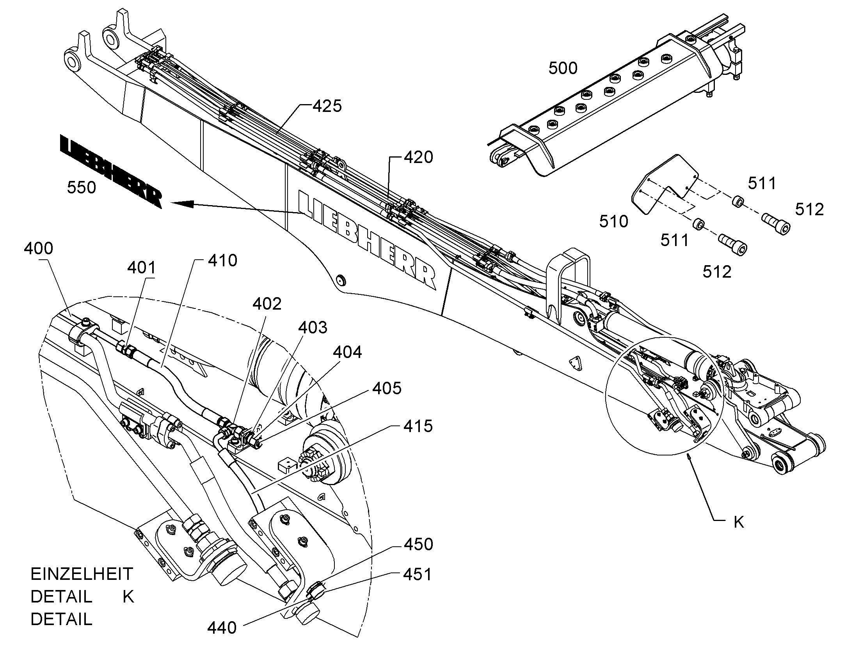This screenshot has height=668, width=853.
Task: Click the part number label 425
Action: [327, 106]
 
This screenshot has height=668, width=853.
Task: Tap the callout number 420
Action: [418, 157]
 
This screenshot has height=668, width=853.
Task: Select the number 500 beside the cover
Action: [563, 69]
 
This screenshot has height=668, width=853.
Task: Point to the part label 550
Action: [82, 188]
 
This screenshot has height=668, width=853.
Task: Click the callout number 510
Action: [613, 222]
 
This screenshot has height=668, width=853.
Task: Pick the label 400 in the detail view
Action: [39, 248]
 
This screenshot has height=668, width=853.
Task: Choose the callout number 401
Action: [142, 268]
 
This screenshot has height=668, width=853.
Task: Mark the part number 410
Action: [222, 260]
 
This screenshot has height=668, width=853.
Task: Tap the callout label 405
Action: [387, 388]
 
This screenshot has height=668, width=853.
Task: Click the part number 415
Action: [418, 426]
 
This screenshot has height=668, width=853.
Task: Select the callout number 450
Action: [418, 544]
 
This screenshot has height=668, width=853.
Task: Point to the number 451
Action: [418, 574]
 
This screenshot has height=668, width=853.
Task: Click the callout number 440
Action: [222, 628]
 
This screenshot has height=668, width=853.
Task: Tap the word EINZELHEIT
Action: [82, 574]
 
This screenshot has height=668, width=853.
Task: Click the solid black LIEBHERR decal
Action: [111, 171]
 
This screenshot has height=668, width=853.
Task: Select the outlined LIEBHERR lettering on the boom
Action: [367, 240]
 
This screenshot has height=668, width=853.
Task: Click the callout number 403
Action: [313, 327]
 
